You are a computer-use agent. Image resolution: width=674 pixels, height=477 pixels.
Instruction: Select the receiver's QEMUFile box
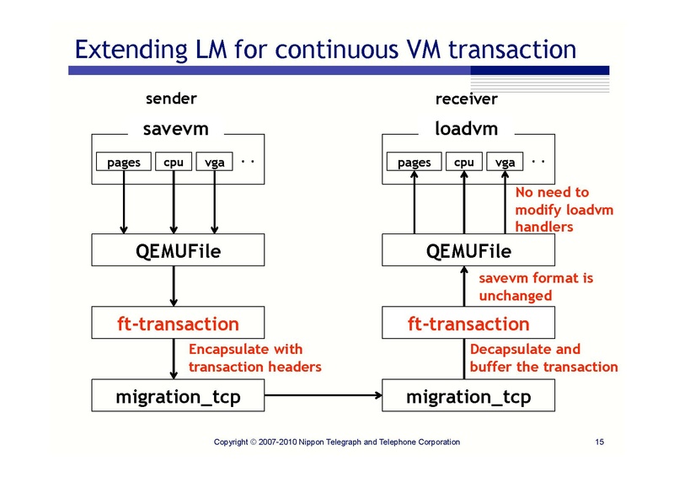pyautogui.click(x=469, y=251)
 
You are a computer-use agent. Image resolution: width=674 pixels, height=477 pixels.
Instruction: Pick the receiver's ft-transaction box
pyautogui.click(x=469, y=324)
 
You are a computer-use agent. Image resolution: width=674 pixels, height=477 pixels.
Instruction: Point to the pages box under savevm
pyautogui.click(x=124, y=162)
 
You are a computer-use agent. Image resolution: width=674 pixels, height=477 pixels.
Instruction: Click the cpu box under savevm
pyautogui.click(x=174, y=162)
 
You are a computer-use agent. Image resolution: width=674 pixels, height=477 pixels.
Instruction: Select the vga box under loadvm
pyautogui.click(x=505, y=162)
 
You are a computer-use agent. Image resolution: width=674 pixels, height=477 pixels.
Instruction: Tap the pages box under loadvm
pyautogui.click(x=415, y=162)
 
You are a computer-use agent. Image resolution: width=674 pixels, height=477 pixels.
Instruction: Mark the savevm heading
pyautogui.click(x=175, y=130)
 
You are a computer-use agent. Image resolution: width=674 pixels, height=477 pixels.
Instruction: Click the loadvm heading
pyautogui.click(x=466, y=130)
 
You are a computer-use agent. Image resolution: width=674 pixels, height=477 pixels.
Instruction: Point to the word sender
pyautogui.click(x=172, y=99)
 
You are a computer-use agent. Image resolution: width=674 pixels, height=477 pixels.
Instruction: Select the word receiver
pyautogui.click(x=466, y=99)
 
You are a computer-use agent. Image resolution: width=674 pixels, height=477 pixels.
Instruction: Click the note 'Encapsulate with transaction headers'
pyautogui.click(x=254, y=357)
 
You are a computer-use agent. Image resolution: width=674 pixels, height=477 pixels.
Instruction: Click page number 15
pyautogui.click(x=601, y=442)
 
